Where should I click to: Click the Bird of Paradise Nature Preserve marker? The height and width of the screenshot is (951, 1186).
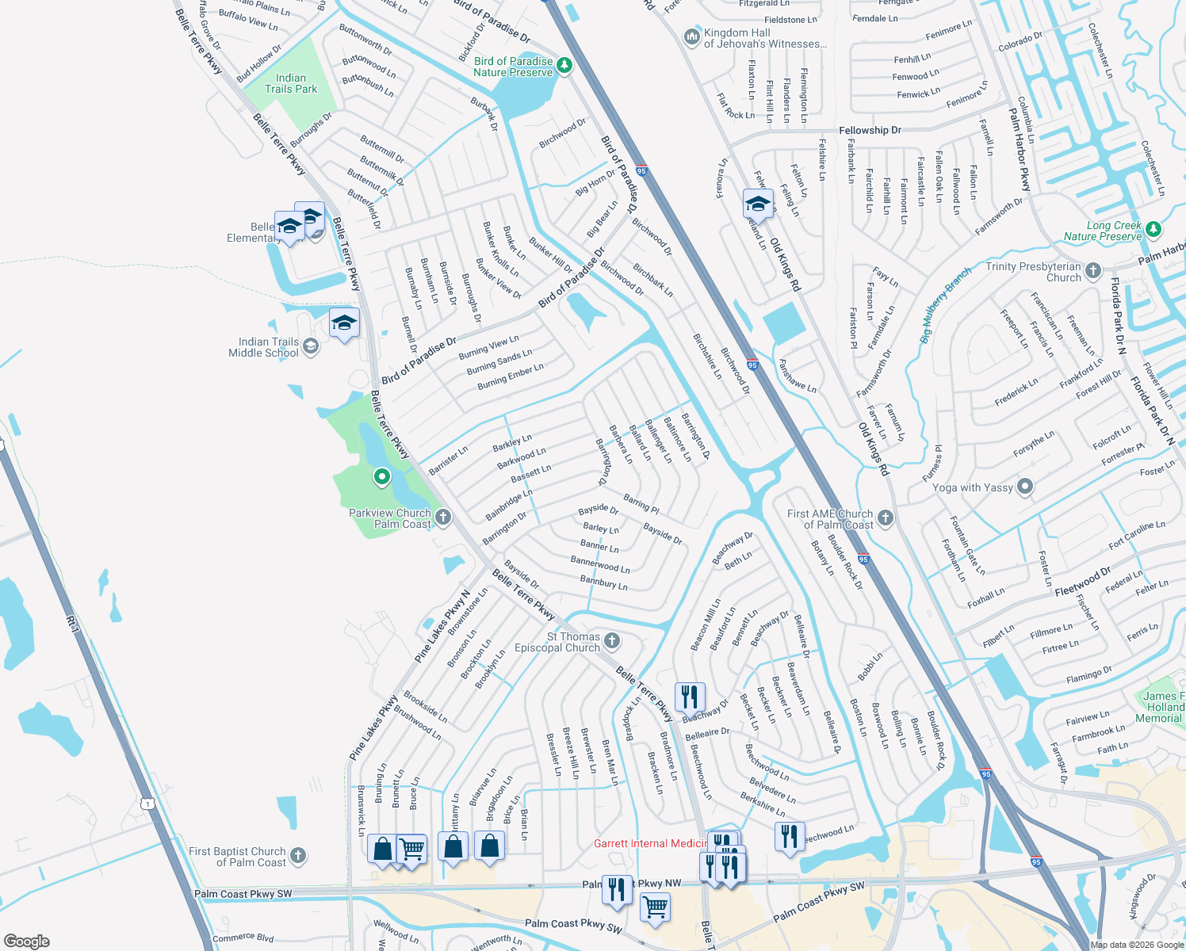[564, 65]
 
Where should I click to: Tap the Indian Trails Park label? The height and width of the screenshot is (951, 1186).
[291, 84]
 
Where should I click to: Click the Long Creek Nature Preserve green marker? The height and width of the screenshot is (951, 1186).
[1153, 230]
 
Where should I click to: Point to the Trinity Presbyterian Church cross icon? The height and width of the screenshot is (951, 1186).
[1093, 271]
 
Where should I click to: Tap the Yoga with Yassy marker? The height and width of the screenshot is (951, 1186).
[1025, 487]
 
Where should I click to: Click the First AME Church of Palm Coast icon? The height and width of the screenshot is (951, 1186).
[886, 518]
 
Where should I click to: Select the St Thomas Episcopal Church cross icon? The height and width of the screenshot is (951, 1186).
[612, 640]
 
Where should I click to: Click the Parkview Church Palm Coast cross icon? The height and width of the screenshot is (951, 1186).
[443, 518]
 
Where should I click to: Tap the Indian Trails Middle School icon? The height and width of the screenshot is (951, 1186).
[311, 346]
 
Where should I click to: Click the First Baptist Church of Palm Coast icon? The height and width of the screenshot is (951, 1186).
[298, 855]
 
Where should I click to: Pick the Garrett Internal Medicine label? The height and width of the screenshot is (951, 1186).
[650, 843]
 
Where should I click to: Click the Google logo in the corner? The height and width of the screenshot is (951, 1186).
[26, 941]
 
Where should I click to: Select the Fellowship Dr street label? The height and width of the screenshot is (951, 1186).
[870, 130]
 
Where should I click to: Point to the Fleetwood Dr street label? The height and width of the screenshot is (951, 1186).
[1083, 582]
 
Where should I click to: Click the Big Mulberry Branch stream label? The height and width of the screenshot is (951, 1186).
[945, 306]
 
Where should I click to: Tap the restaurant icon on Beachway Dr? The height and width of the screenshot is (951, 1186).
[690, 697]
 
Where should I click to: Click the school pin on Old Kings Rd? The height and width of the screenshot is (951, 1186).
[758, 204]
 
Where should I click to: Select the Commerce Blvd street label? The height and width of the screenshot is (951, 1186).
[243, 938]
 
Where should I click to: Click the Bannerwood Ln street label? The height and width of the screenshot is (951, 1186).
[600, 564]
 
